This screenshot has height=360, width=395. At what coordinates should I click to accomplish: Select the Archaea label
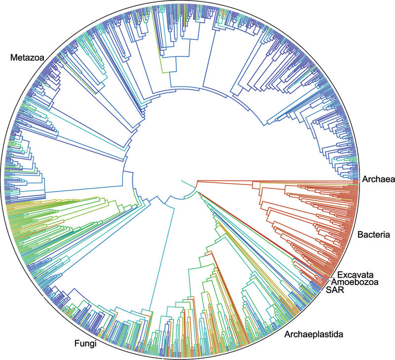(x=378, y=179)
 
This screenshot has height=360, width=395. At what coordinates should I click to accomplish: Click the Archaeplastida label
(x=314, y=335)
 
